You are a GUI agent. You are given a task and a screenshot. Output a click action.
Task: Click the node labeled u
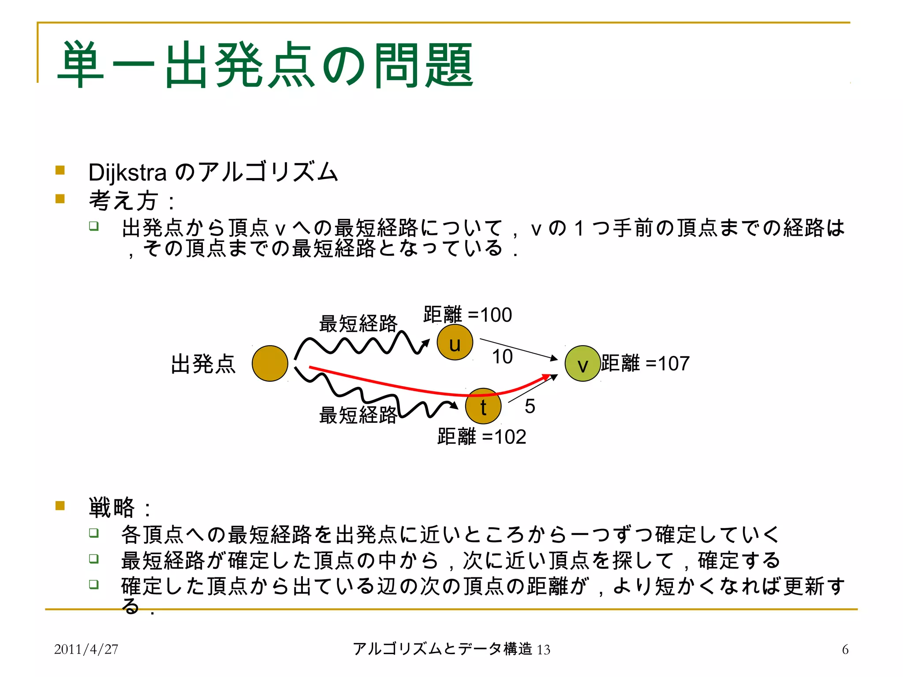pos(455,342)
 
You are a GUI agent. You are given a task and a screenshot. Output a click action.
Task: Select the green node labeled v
pos(582,364)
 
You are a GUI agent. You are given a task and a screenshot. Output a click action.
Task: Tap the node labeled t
pos(483,406)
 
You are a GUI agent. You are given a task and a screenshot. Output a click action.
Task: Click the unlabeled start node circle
pos(270,364)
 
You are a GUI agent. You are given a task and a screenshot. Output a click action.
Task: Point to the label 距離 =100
pos(467,315)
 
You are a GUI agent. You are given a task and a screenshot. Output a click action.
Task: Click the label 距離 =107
pos(645,364)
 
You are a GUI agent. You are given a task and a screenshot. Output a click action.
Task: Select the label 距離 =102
pos(481,437)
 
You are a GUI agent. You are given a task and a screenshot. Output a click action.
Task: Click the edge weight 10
pos(502,357)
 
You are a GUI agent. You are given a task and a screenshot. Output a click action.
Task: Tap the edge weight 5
pos(530,406)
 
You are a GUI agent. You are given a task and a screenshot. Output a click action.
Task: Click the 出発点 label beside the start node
pos(203,365)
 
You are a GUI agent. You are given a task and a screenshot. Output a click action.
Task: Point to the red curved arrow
pos(397,386)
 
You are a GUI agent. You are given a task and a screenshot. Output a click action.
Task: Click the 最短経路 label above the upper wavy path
pos(358,324)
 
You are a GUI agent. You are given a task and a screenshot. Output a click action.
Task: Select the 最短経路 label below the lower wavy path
pos(358,415)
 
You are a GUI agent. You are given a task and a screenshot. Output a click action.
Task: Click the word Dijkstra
pos(127,172)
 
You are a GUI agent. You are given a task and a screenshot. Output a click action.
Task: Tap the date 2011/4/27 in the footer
pos(86,649)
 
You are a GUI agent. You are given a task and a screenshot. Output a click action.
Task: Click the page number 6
pos(845,649)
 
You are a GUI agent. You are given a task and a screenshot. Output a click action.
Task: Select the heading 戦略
pos(112,507)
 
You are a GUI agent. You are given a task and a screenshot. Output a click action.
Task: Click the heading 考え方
pos(123,201)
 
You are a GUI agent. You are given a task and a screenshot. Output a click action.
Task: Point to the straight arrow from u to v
pos(518,349)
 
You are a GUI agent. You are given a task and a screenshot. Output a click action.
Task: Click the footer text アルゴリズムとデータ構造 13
pos(451,649)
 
